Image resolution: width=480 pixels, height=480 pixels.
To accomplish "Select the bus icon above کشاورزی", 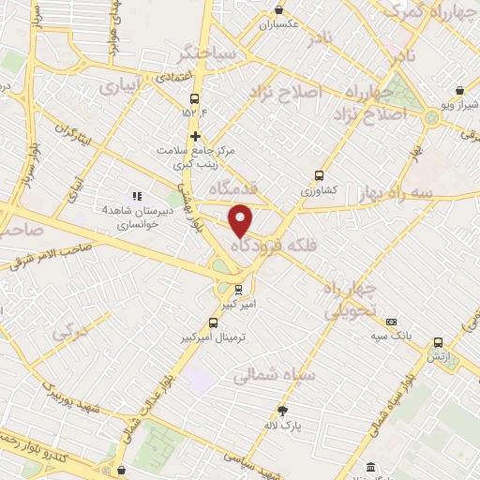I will click(319, 174).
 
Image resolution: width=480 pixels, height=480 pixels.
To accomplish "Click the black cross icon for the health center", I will click(195, 135).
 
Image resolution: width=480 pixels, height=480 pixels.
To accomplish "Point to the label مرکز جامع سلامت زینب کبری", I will click(193, 157).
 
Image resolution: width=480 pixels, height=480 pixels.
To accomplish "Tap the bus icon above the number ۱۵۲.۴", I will click(195, 98).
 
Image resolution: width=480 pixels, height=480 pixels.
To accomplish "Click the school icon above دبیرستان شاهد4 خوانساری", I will click(137, 196).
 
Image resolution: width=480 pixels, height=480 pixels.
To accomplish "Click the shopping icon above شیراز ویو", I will click(459, 91).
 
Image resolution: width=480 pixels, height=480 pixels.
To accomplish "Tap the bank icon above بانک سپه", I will click(392, 322).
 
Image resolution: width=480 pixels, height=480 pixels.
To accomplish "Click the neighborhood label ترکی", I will click(68, 333).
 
